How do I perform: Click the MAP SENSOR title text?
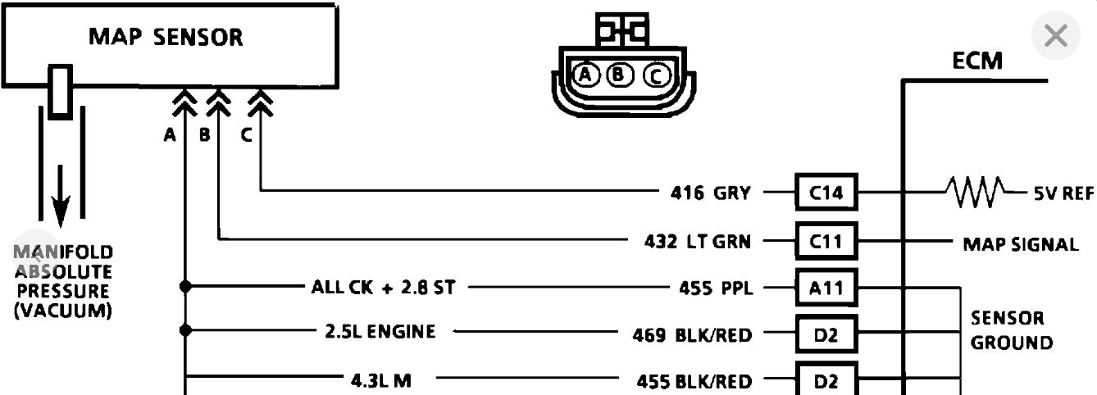166,38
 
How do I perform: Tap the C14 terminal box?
826,193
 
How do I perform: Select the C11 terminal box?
826,241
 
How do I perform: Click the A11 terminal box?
826,288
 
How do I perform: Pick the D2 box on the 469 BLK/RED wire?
826,334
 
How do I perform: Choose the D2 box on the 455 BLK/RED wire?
826,380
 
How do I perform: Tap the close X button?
1056,36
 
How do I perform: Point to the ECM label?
976,61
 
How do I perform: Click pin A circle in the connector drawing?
585,75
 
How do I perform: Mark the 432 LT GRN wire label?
697,241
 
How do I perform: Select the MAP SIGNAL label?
1020,244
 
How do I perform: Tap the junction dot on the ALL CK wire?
186,287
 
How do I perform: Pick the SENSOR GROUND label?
1012,329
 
